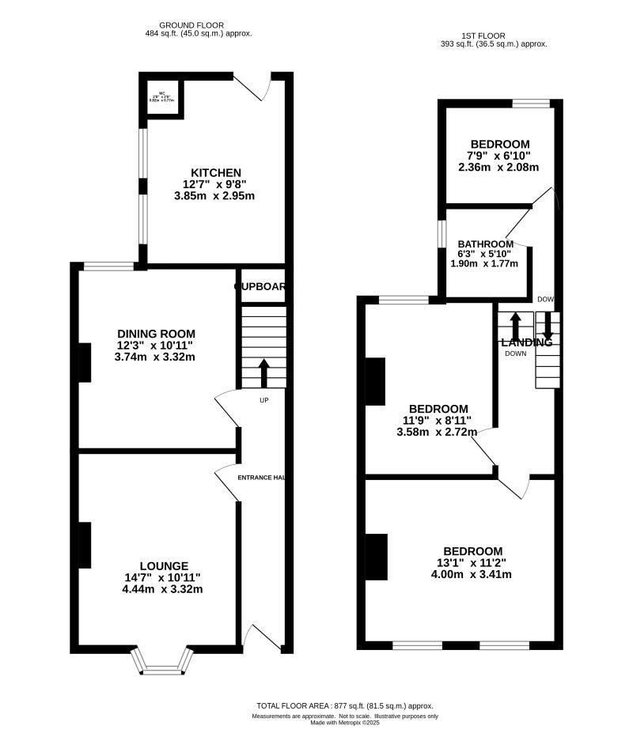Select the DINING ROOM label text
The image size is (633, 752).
[x=156, y=334]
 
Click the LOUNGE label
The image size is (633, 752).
[x=164, y=565]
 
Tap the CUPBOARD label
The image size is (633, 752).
[x=260, y=286]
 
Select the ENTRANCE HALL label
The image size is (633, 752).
[x=261, y=478]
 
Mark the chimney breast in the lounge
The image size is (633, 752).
[x=84, y=545]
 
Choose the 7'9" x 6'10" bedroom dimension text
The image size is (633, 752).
[x=499, y=156]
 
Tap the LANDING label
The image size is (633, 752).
[x=527, y=342]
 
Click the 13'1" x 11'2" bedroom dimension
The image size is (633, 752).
[x=472, y=563]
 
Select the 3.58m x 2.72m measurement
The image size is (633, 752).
[x=436, y=433]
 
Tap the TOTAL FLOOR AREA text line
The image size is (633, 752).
[x=345, y=705]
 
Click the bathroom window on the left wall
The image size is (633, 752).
[x=442, y=236]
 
